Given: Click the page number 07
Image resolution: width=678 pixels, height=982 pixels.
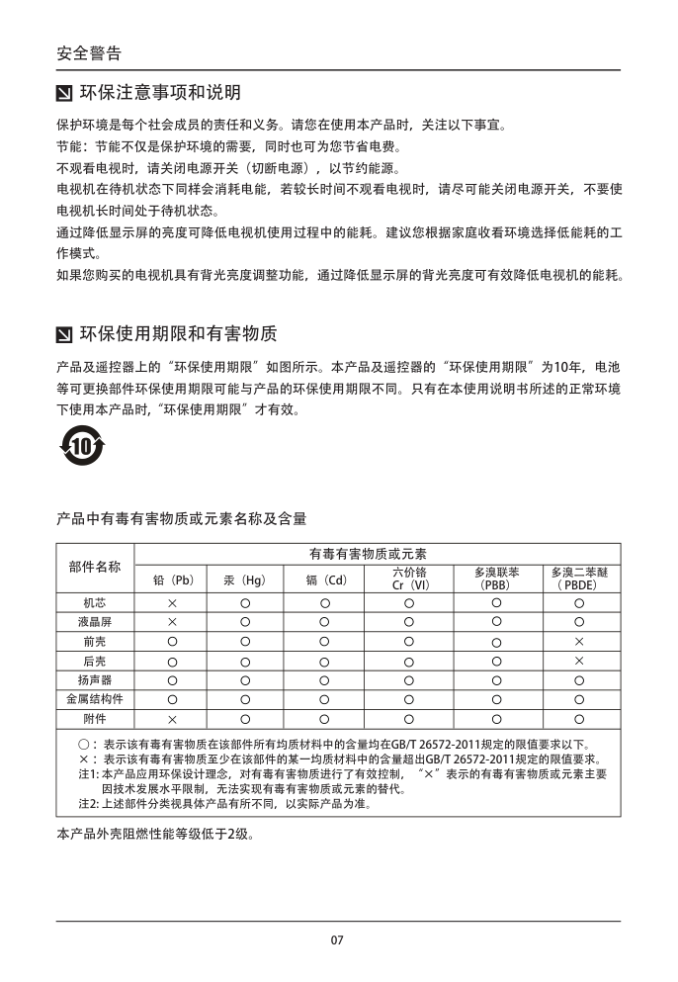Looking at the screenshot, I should [337, 939].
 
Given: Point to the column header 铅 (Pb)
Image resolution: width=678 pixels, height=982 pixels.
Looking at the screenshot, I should [171, 580].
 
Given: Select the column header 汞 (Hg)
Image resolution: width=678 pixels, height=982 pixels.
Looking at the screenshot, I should [245, 580].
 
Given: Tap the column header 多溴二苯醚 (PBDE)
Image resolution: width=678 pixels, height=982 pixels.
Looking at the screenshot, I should [579, 579].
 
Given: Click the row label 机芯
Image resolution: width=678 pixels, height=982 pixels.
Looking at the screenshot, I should [95, 602].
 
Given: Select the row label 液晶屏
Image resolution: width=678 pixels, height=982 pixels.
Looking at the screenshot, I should [95, 622].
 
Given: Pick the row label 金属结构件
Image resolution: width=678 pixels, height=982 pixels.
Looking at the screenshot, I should [95, 699].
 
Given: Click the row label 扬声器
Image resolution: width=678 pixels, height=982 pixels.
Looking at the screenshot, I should [95, 680].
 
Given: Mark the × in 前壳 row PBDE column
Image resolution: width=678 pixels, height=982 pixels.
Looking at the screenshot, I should [579, 642].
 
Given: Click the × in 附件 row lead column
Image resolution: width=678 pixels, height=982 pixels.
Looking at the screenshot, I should [171, 719].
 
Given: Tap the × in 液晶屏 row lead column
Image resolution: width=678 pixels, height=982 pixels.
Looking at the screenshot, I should [171, 622].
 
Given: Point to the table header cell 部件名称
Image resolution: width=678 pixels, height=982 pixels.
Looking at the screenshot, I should [95, 567].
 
